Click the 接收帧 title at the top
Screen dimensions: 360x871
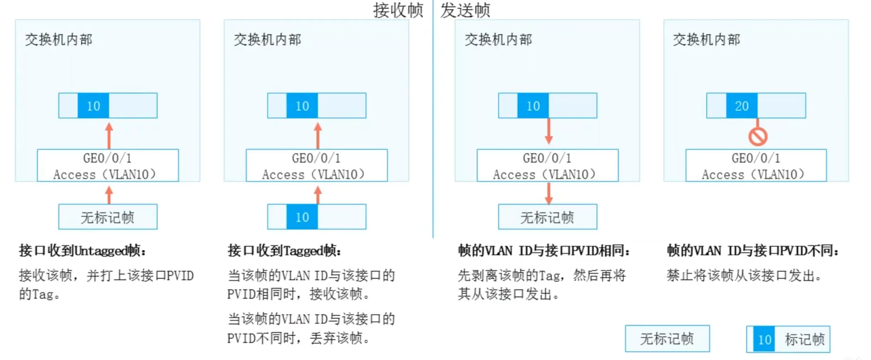click(x=398, y=10)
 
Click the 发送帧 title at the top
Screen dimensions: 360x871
click(x=465, y=10)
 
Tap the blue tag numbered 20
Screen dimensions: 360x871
click(x=742, y=106)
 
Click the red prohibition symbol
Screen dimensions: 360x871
click(x=758, y=137)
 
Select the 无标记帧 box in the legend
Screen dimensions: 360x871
click(x=667, y=339)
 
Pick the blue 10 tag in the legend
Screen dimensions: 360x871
click(x=764, y=339)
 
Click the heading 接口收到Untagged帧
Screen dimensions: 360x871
click(x=82, y=251)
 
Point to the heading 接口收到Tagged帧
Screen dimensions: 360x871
click(x=284, y=251)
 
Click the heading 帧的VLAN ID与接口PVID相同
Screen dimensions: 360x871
click(x=544, y=251)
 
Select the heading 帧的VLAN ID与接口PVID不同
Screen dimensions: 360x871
click(x=752, y=251)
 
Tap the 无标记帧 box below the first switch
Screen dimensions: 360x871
click(x=108, y=217)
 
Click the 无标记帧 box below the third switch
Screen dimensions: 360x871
click(x=548, y=217)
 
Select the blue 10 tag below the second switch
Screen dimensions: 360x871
click(x=302, y=217)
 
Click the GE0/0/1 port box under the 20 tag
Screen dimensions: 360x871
click(x=756, y=166)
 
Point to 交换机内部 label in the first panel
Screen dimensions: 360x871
click(x=59, y=40)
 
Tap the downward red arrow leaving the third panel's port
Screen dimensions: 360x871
click(x=549, y=193)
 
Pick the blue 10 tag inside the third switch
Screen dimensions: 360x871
click(x=533, y=106)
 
